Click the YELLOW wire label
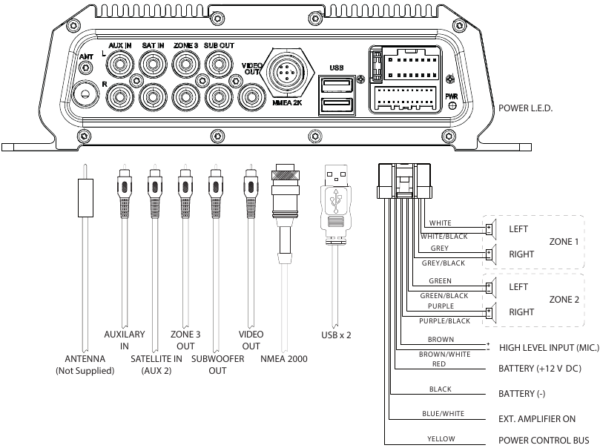coord(441,439)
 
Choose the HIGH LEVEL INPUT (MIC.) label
coord(548,346)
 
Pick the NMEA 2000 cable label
coord(283,359)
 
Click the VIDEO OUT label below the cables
coord(251,340)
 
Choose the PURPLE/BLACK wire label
coord(445,320)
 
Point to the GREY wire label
coord(439,248)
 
